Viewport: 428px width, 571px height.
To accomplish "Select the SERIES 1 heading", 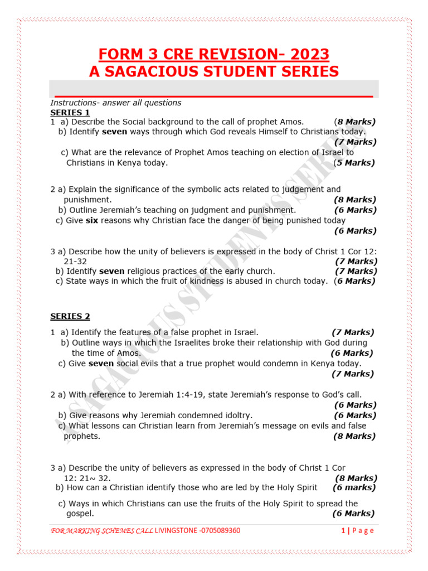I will (x=70, y=112).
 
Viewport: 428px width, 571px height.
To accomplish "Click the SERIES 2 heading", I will (x=70, y=316).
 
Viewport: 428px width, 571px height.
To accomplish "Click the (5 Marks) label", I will (x=354, y=163).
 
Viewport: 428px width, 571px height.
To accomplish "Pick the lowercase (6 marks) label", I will (x=354, y=487).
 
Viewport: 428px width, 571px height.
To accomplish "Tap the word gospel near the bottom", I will (x=80, y=514).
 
